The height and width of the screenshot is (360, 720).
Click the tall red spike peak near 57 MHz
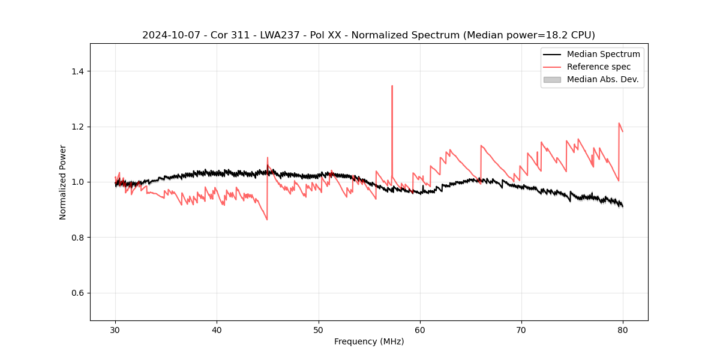[392, 86]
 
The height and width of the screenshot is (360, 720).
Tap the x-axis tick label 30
[115, 329]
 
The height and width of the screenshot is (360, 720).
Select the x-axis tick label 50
[319, 329]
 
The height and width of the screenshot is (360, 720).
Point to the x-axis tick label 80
[623, 329]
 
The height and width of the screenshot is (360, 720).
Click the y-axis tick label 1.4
[77, 71]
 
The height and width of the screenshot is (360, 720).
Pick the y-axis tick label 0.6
[77, 293]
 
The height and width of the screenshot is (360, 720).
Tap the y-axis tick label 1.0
[77, 182]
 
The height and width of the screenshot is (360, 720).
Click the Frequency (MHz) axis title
[369, 341]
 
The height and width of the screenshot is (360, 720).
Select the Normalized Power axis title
[63, 182]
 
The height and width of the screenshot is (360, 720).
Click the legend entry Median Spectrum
[603, 54]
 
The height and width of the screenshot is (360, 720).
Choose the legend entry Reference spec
[598, 67]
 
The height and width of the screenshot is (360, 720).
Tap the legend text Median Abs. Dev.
[602, 79]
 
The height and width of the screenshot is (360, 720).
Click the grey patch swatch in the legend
[552, 79]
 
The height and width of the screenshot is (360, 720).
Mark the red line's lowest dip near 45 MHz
[267, 220]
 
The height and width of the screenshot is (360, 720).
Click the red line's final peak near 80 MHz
[619, 123]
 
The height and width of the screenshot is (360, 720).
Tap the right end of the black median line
[623, 206]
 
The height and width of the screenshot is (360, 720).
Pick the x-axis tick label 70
[521, 329]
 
